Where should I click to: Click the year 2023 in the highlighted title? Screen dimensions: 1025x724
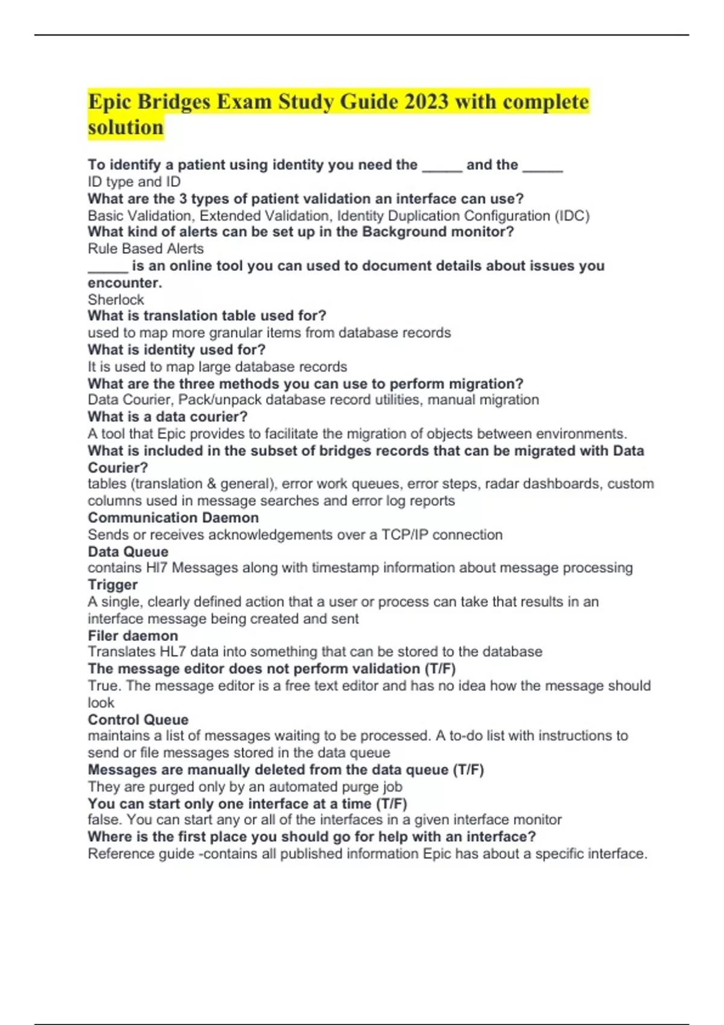[x=427, y=101]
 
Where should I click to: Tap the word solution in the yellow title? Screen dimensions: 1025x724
[x=125, y=127]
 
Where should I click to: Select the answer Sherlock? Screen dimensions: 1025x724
[x=116, y=300]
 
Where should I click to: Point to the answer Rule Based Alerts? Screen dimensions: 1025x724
[x=145, y=248]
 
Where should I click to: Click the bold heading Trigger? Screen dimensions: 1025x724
[x=112, y=585]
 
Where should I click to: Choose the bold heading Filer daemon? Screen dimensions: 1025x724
[x=133, y=635]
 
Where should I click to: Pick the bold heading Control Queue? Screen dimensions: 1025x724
[x=138, y=719]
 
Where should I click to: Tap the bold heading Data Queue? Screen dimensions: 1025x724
[x=128, y=552]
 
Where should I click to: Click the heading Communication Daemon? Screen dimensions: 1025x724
[x=173, y=517]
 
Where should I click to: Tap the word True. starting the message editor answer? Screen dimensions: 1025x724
[x=105, y=686]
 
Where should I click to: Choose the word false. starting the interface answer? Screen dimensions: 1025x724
[x=106, y=820]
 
